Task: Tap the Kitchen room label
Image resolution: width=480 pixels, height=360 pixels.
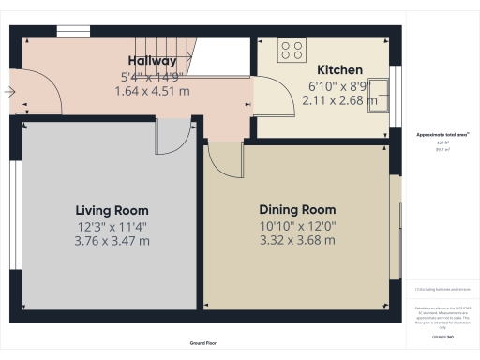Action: pyautogui.click(x=339, y=70)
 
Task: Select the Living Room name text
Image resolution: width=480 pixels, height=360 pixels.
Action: pyautogui.click(x=112, y=211)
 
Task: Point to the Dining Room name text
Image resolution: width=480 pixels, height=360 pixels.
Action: pyautogui.click(x=297, y=210)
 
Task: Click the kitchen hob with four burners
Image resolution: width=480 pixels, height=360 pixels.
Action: pyautogui.click(x=292, y=51)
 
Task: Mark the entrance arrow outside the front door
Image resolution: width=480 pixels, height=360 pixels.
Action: pyautogui.click(x=7, y=92)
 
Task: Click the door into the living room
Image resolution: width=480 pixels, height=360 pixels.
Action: pyautogui.click(x=171, y=139)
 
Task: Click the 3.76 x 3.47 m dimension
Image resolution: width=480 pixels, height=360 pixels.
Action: pyautogui.click(x=112, y=241)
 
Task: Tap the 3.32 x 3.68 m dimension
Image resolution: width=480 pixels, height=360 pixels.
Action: pyautogui.click(x=297, y=240)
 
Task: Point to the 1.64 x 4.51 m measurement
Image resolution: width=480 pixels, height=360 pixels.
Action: pyautogui.click(x=152, y=91)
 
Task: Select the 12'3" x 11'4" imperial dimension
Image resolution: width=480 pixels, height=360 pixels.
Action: pyautogui.click(x=112, y=226)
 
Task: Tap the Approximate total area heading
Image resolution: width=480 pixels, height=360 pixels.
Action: pyautogui.click(x=442, y=135)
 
